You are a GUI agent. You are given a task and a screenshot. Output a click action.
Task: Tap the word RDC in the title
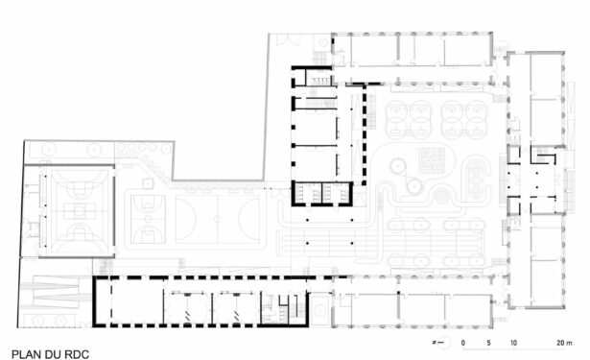click(77, 354)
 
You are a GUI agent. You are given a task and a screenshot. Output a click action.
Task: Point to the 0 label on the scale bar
click(462, 343)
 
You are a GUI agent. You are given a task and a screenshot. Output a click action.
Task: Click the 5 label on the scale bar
click(488, 343)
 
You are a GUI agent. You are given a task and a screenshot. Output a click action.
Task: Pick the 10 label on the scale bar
click(513, 343)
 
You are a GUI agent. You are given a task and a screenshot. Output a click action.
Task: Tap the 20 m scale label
click(564, 343)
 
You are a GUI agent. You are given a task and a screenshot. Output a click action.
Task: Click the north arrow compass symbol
click(442, 343)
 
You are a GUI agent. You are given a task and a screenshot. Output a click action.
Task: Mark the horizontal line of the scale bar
click(513, 349)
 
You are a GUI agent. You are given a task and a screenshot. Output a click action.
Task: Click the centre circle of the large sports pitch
click(217, 219)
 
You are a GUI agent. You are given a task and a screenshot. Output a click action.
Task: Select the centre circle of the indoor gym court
click(79, 211)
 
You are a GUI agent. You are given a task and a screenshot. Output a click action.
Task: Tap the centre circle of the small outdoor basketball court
click(148, 219)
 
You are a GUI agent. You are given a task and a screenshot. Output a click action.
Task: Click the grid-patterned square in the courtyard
click(432, 160)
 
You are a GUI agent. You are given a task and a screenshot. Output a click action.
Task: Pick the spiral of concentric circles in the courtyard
click(441, 196)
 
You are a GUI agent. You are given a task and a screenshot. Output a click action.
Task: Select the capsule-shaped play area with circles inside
click(477, 180)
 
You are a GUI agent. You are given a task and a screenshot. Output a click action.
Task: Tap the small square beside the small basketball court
click(148, 183)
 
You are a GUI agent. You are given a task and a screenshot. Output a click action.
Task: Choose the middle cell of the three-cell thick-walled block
click(322, 193)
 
